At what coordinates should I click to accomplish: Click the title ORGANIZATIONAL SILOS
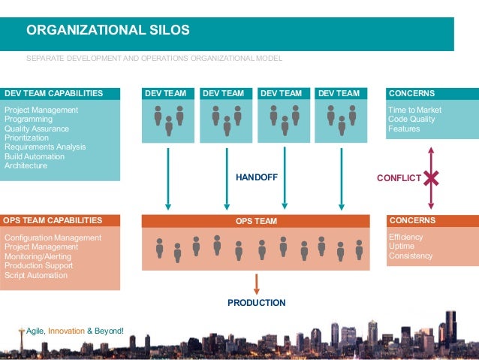108,31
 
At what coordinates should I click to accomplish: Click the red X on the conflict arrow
431,178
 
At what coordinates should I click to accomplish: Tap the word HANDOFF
257,178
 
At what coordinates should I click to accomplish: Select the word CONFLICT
398,178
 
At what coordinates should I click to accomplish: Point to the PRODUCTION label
257,303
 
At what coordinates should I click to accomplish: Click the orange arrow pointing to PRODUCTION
257,283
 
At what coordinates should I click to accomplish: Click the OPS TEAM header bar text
256,221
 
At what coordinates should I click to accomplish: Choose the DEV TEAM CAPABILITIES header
54,94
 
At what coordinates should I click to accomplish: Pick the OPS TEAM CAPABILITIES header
53,220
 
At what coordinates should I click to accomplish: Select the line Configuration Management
53,238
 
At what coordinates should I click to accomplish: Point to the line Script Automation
36,275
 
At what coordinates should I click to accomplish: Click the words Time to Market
414,110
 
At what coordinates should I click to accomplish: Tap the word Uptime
402,247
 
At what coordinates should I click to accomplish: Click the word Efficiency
406,237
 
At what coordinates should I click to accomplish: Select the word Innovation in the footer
67,331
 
